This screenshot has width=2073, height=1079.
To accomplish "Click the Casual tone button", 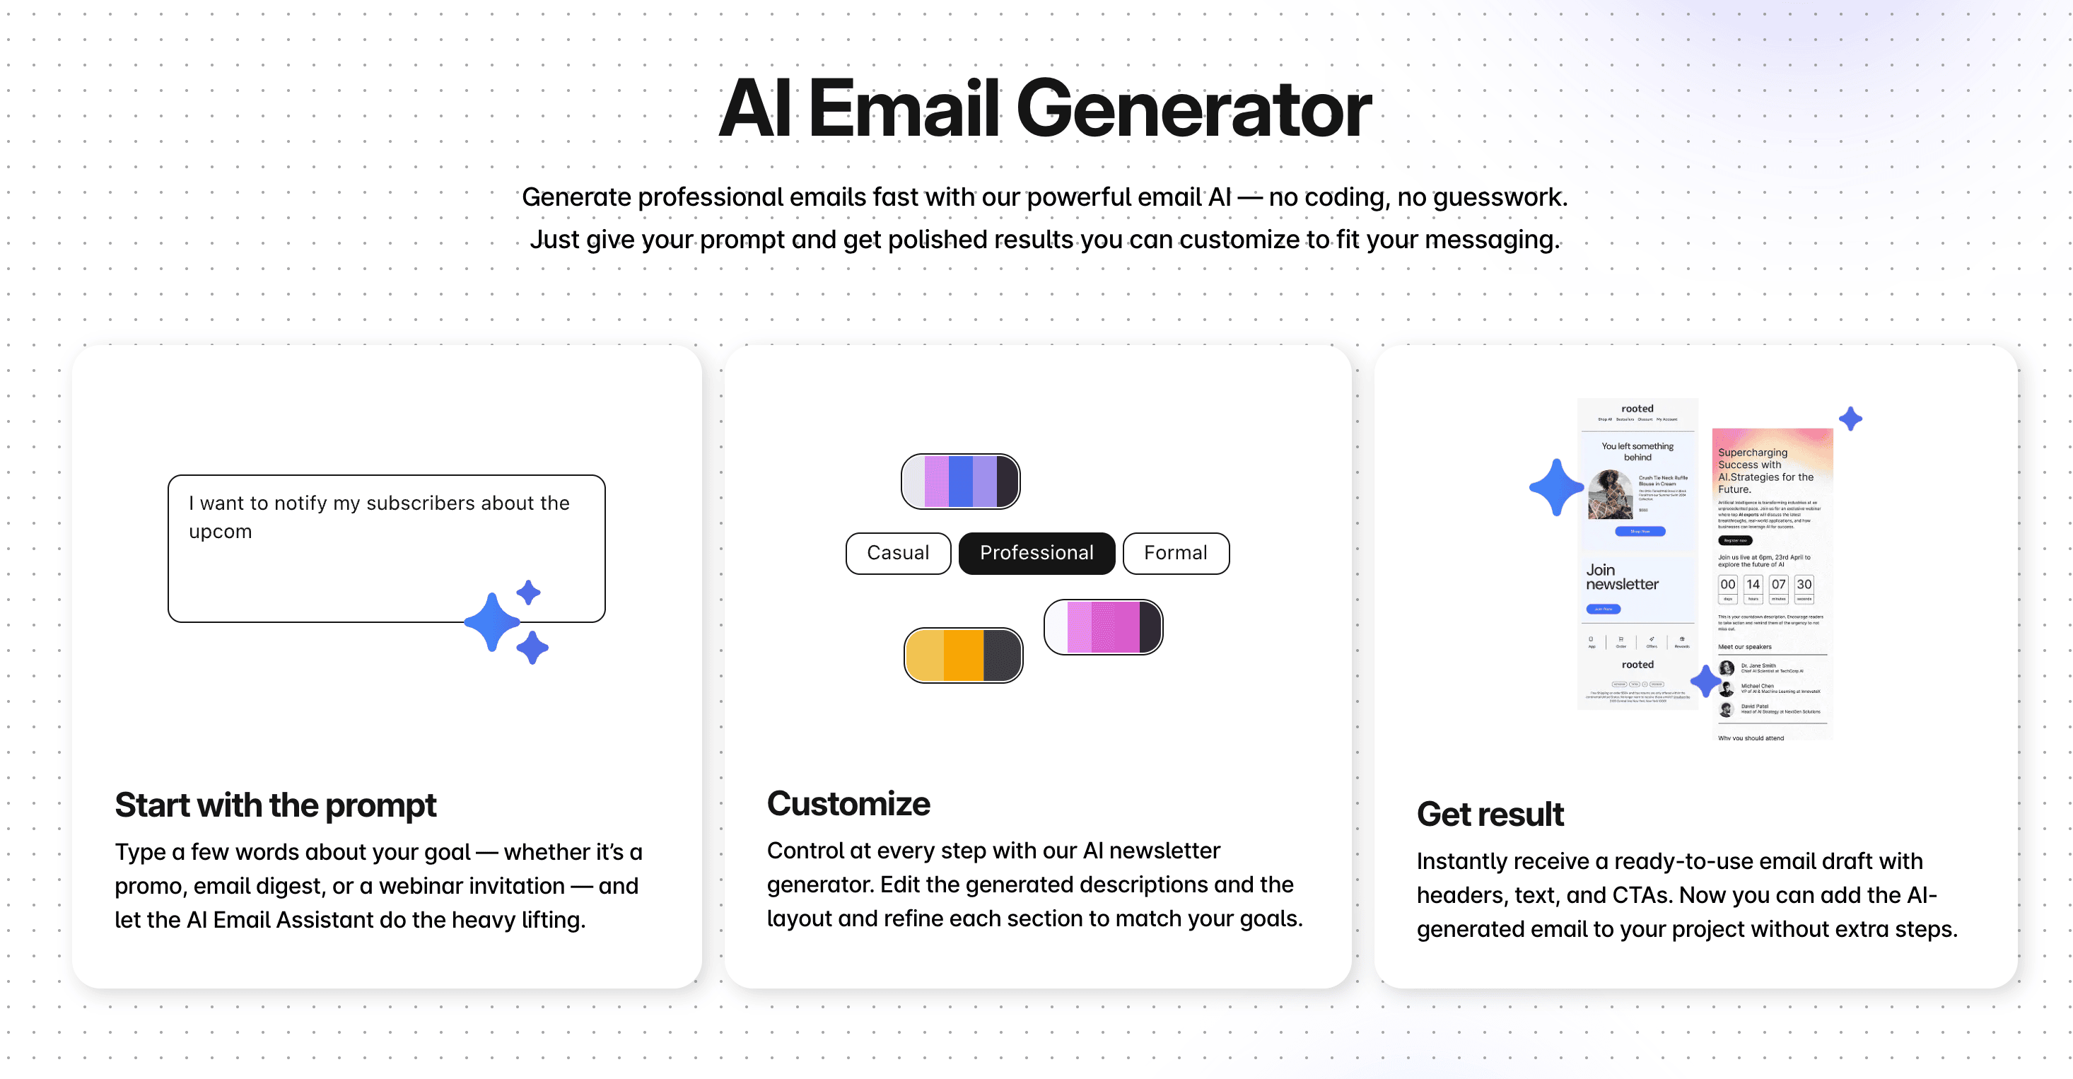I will tap(897, 553).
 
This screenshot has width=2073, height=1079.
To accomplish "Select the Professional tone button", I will tap(1036, 553).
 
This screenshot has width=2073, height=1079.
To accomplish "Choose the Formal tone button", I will tap(1175, 553).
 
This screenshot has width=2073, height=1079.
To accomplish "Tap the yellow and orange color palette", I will tap(962, 655).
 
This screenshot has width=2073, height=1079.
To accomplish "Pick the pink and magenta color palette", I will tap(1102, 626).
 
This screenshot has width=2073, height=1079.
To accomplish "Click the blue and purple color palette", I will tap(960, 481).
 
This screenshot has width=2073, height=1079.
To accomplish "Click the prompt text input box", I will tap(385, 547).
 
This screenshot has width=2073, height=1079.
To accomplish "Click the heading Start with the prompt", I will tap(275, 805).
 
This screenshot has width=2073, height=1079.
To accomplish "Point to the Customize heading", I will tap(848, 803).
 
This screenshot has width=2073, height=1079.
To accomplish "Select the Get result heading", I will tap(1490, 813).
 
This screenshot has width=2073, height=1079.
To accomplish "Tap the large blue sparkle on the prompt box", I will tap(493, 622).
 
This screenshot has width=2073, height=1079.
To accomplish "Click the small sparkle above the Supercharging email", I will tap(1850, 419).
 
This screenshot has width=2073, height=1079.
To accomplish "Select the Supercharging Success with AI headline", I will tap(1765, 471).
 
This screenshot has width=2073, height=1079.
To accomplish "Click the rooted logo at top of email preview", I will tap(1637, 409).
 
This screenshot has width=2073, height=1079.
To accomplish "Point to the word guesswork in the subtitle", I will tap(1497, 197).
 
